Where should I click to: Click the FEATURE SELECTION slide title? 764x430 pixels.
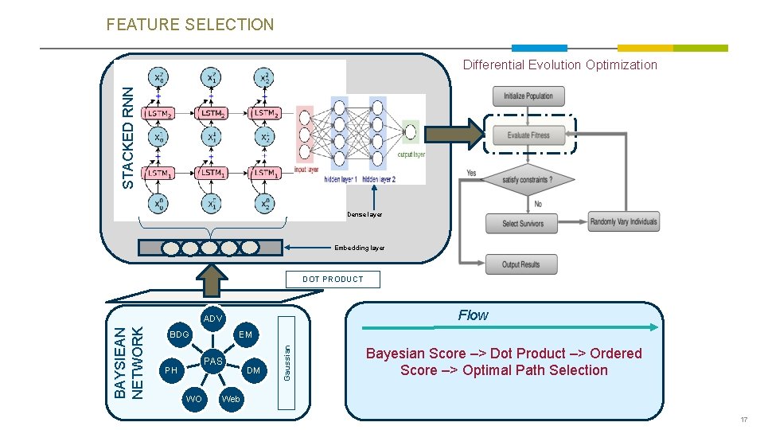point(189,25)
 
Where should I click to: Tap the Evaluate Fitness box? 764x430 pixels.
point(528,135)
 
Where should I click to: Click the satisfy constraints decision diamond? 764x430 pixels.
point(527,180)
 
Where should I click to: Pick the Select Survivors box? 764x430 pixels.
point(522,224)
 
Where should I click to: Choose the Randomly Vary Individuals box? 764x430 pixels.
point(624,222)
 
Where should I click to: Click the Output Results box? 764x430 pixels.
point(521,264)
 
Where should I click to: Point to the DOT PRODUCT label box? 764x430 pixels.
point(333,279)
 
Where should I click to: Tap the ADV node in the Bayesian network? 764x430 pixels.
point(212,319)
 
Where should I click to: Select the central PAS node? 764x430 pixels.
point(212,362)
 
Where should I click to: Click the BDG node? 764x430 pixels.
point(179,335)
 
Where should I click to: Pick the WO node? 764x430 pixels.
point(193,398)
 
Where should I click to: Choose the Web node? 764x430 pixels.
point(231,398)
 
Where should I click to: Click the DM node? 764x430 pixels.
point(253,370)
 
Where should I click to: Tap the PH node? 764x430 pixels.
point(170,370)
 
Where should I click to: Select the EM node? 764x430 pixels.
point(245,335)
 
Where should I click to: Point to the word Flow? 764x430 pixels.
point(473,315)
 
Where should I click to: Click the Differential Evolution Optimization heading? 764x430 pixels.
point(560,65)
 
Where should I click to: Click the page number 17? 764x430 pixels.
point(743,420)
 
